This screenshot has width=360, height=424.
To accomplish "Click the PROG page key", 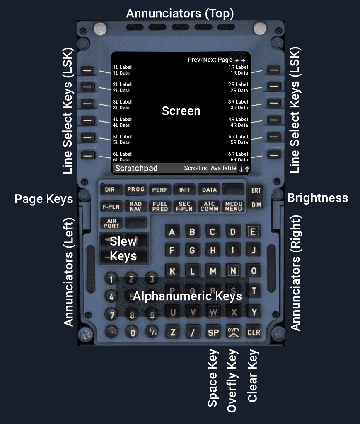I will pos(136,190).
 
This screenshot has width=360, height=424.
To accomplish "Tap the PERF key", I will pos(160,190).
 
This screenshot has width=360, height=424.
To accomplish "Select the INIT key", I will pos(184,190).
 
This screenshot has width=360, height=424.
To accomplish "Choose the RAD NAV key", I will pos(136,206).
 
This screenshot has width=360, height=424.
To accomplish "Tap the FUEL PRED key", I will pos(160,206).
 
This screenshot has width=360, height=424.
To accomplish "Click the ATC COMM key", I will pos(209,206).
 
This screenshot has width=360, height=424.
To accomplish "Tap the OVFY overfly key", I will pos(234,332).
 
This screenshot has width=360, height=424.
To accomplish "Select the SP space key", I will pos(213,332).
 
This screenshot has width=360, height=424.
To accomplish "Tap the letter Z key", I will pos(173,332).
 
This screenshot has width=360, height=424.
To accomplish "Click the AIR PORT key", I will pos(111,223).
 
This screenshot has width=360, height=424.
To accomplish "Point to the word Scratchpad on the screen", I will pos(136,169).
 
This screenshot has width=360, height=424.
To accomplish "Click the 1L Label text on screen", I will pos(122,67).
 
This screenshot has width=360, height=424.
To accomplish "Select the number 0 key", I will pos(133,332).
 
